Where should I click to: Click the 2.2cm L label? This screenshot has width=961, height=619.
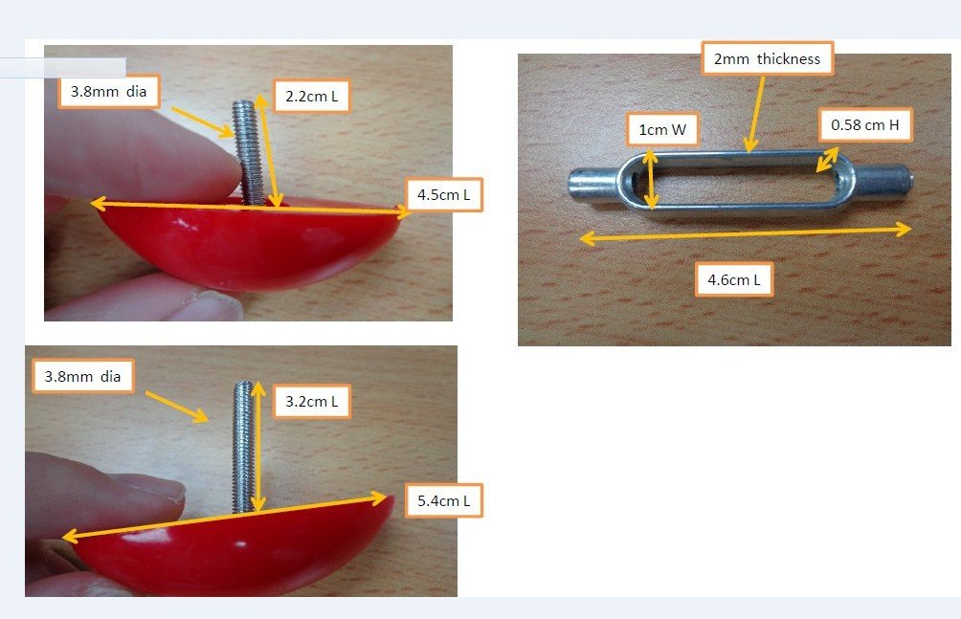pyautogui.click(x=311, y=97)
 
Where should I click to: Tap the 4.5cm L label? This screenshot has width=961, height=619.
pyautogui.click(x=444, y=195)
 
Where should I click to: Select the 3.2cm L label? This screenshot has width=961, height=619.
pyautogui.click(x=311, y=402)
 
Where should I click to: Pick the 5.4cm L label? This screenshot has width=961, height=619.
pyautogui.click(x=444, y=500)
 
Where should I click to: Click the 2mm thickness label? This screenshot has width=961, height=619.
pyautogui.click(x=767, y=58)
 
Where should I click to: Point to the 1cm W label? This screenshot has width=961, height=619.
pyautogui.click(x=662, y=129)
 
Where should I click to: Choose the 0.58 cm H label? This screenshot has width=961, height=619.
pyautogui.click(x=864, y=125)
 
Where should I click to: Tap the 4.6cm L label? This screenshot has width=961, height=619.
pyautogui.click(x=733, y=280)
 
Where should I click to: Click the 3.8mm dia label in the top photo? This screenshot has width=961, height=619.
pyautogui.click(x=108, y=91)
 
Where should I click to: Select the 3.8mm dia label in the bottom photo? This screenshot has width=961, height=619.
pyautogui.click(x=82, y=376)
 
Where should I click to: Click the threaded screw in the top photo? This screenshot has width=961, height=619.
pyautogui.click(x=248, y=152)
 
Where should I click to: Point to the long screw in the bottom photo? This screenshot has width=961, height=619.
pyautogui.click(x=244, y=447)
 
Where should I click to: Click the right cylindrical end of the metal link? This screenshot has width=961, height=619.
pyautogui.click(x=883, y=181)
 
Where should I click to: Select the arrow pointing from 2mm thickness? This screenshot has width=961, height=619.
pyautogui.click(x=755, y=114)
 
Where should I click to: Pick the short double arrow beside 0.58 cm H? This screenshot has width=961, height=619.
pyautogui.click(x=827, y=160)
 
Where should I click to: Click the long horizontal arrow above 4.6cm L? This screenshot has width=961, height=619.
pyautogui.click(x=745, y=233)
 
